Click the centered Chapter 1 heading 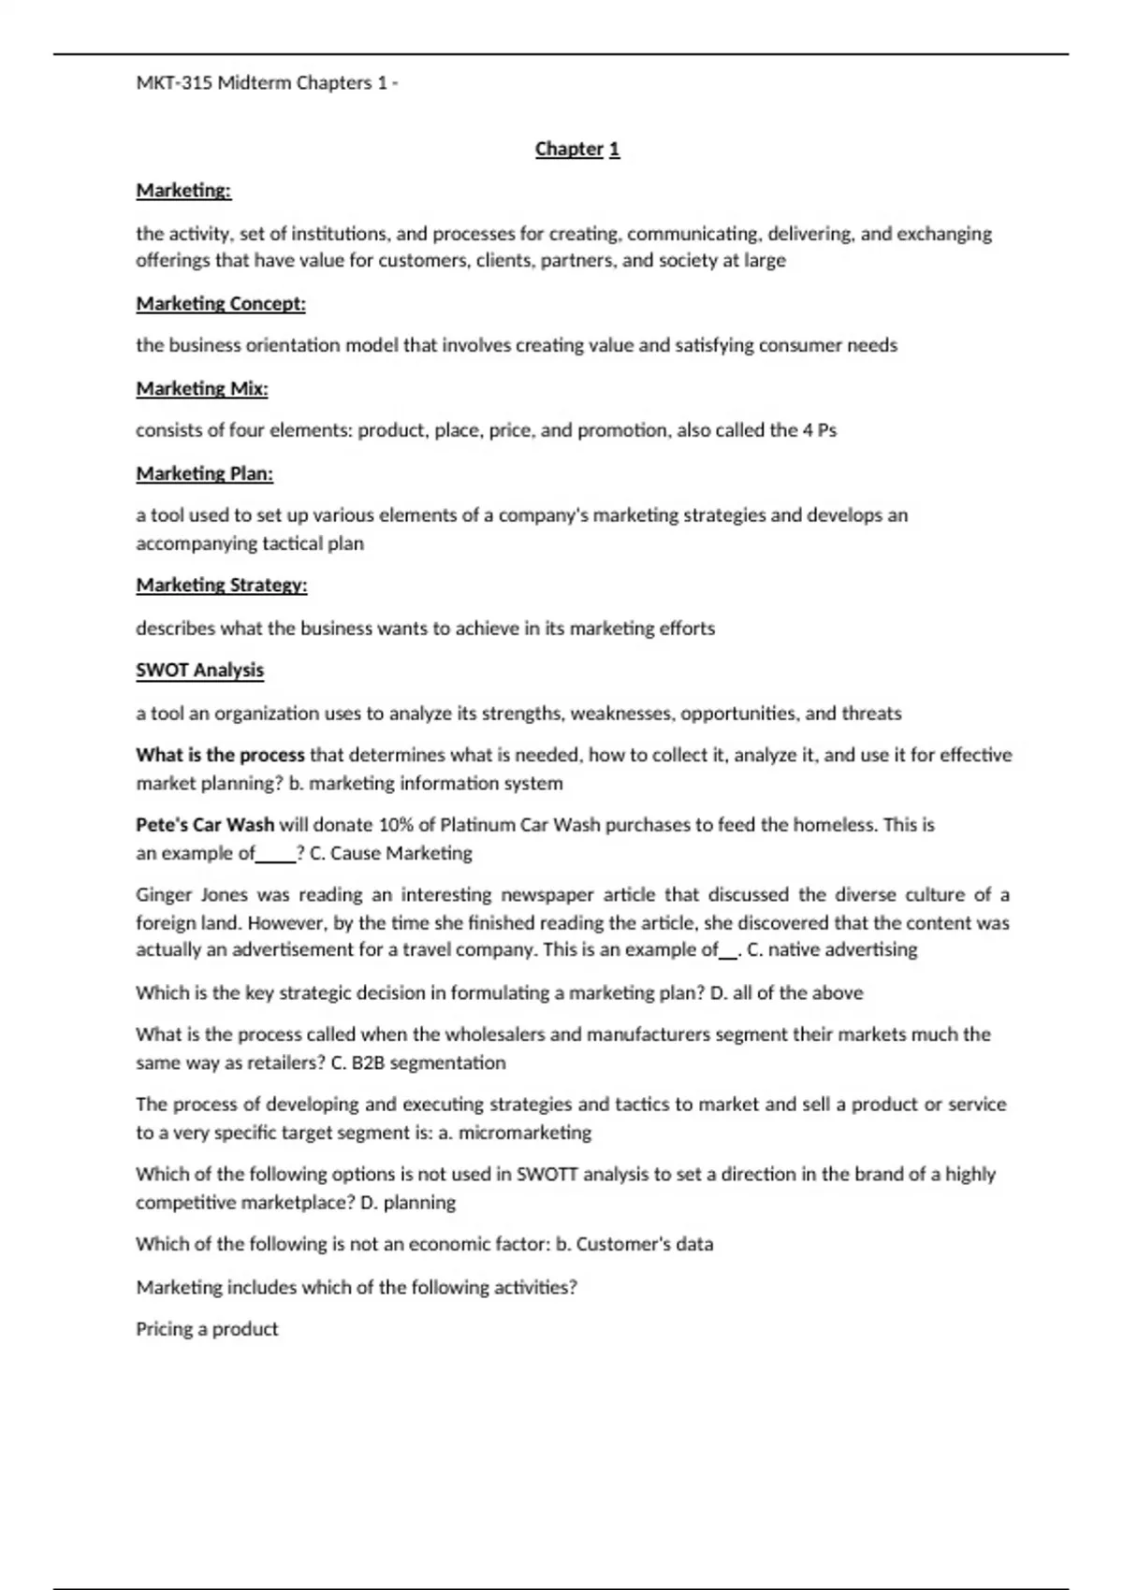(x=576, y=149)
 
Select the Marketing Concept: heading (x=221, y=304)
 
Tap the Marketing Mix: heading (x=202, y=388)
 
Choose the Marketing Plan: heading (x=205, y=474)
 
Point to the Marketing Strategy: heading (x=222, y=585)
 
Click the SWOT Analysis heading (x=200, y=671)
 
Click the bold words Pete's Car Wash (x=205, y=825)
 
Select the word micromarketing (x=525, y=1133)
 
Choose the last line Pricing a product (x=207, y=1329)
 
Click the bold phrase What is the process (x=220, y=755)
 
